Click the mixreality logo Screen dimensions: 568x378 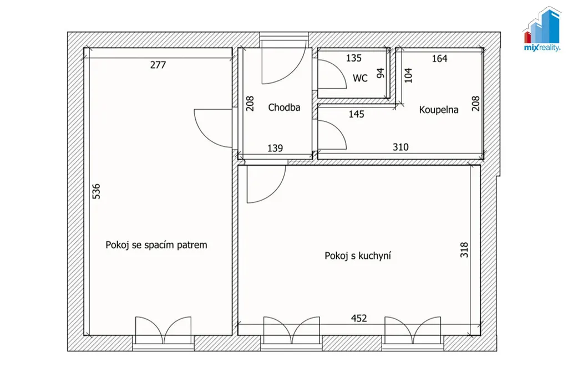coord(542,29)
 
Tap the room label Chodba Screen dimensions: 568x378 coord(284,108)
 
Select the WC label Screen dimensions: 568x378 coord(360,78)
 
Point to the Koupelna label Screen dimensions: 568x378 coord(439,110)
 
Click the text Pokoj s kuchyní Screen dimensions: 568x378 coord(358,256)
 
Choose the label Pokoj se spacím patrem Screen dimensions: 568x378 coord(156,245)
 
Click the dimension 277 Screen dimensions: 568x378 coord(158,65)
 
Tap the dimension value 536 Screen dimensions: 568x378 coord(97,191)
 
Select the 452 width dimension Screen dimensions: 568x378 coord(359,318)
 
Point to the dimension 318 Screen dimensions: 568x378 coord(464,250)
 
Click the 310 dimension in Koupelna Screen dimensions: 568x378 coord(400,147)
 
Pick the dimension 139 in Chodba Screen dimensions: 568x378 coord(275,148)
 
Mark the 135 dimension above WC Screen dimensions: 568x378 coord(353,58)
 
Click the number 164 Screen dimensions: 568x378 coord(439,59)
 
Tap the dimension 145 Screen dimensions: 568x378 coord(357,114)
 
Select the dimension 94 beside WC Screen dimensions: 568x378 coord(381,73)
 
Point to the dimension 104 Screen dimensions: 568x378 coord(408,75)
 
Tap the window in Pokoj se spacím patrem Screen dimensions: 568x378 coord(164,343)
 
